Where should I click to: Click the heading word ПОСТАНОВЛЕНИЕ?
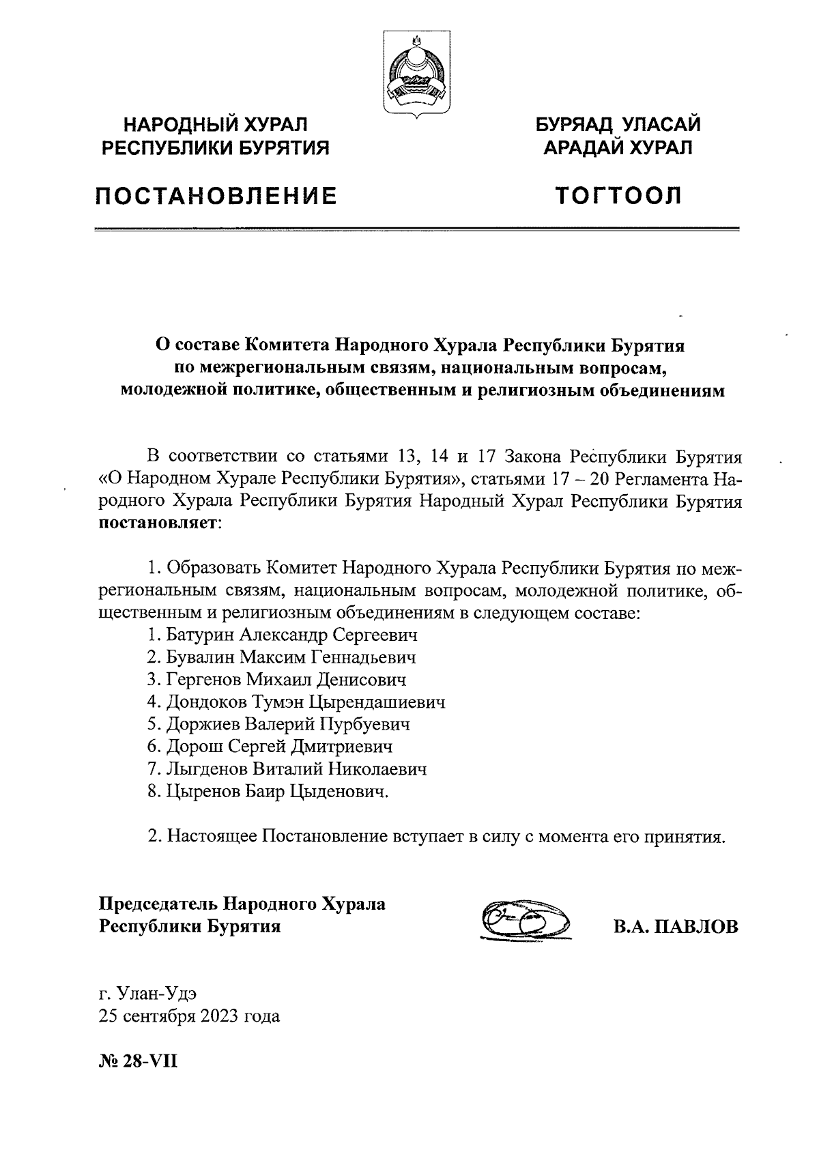click(x=216, y=197)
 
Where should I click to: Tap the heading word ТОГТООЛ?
click(x=618, y=197)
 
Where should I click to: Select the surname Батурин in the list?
click(x=201, y=635)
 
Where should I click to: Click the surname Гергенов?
click(x=203, y=680)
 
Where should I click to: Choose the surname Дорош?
click(x=193, y=747)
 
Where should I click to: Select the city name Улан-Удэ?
click(x=158, y=994)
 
